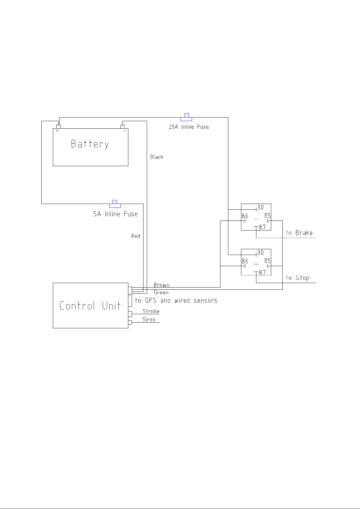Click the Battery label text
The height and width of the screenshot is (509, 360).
point(90,144)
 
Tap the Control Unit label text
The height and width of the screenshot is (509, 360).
point(90,306)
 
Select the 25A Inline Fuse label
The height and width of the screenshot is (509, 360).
point(189,127)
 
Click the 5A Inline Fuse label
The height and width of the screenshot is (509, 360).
point(115,214)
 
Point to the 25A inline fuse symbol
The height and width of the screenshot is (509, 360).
point(186,118)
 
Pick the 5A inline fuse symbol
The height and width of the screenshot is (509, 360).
point(115,204)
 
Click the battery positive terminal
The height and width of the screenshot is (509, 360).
point(58,126)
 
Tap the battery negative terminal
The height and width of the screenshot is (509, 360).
point(122,126)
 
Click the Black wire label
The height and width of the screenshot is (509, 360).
point(156,157)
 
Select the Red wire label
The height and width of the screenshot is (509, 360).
point(136,236)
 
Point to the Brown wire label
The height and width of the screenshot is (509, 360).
point(162,285)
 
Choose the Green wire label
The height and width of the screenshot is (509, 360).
point(161,292)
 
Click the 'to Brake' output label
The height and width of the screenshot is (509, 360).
point(299,233)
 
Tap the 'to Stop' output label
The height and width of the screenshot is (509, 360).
point(297,278)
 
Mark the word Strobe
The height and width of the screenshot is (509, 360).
point(151,311)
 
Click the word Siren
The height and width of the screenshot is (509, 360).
point(149,319)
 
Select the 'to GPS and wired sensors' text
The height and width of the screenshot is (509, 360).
point(176,300)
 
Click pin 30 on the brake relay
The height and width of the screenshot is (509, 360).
point(260,208)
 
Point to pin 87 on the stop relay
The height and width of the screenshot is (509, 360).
point(262,272)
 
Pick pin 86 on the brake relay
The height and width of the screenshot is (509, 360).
point(245,216)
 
